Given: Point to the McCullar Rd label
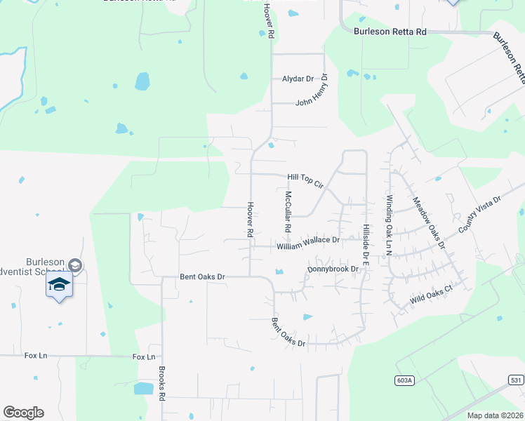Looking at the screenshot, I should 287,212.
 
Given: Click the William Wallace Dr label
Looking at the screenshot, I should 308,243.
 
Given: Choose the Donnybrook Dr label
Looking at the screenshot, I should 333,269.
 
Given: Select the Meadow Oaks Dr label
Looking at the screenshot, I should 429,222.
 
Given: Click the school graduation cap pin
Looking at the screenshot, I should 60,285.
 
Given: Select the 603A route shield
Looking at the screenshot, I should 401,380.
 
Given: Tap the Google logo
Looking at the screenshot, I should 23,412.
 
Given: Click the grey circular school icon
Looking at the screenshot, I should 75,265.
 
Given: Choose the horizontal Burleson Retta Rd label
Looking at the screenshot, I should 390,32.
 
